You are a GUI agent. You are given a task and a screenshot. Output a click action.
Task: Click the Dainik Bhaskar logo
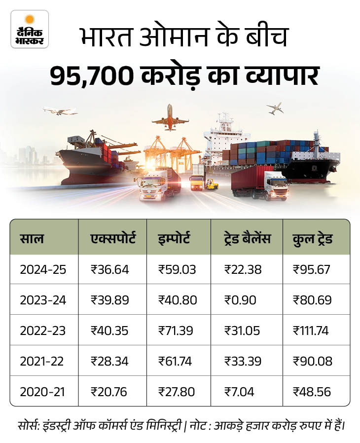(30, 29)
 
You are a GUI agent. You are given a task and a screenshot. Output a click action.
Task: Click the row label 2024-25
(43, 269)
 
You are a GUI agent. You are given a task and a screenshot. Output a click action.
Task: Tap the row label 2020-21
(43, 392)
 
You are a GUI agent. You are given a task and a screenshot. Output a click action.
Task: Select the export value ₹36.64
(109, 269)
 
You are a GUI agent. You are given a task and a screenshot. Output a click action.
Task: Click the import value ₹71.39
(177, 331)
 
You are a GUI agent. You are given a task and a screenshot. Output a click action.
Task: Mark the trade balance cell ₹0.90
(241, 300)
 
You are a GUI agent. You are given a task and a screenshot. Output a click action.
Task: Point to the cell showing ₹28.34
(109, 361)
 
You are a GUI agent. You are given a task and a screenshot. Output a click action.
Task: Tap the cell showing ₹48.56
(312, 392)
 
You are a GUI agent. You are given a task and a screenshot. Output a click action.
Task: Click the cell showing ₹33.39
(244, 361)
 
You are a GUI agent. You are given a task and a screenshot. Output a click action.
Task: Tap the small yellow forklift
(212, 184)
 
